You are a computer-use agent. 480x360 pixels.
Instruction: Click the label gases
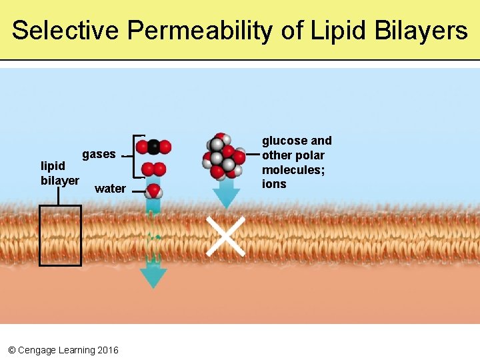tap(99, 154)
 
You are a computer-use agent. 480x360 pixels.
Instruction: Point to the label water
tap(110, 189)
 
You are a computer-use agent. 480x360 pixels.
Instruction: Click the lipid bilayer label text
tap(59, 173)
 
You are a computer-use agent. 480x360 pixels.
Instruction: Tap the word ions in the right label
tap(273, 184)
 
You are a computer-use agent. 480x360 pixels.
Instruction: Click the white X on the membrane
tap(225, 235)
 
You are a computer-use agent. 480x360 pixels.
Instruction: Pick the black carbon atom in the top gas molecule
tap(153, 146)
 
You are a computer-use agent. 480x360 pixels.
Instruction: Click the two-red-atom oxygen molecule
tap(153, 169)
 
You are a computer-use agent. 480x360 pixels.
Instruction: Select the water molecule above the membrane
tap(154, 191)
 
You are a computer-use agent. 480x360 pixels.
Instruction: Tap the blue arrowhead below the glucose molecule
tap(226, 197)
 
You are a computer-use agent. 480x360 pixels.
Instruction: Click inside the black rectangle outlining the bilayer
tap(60, 235)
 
